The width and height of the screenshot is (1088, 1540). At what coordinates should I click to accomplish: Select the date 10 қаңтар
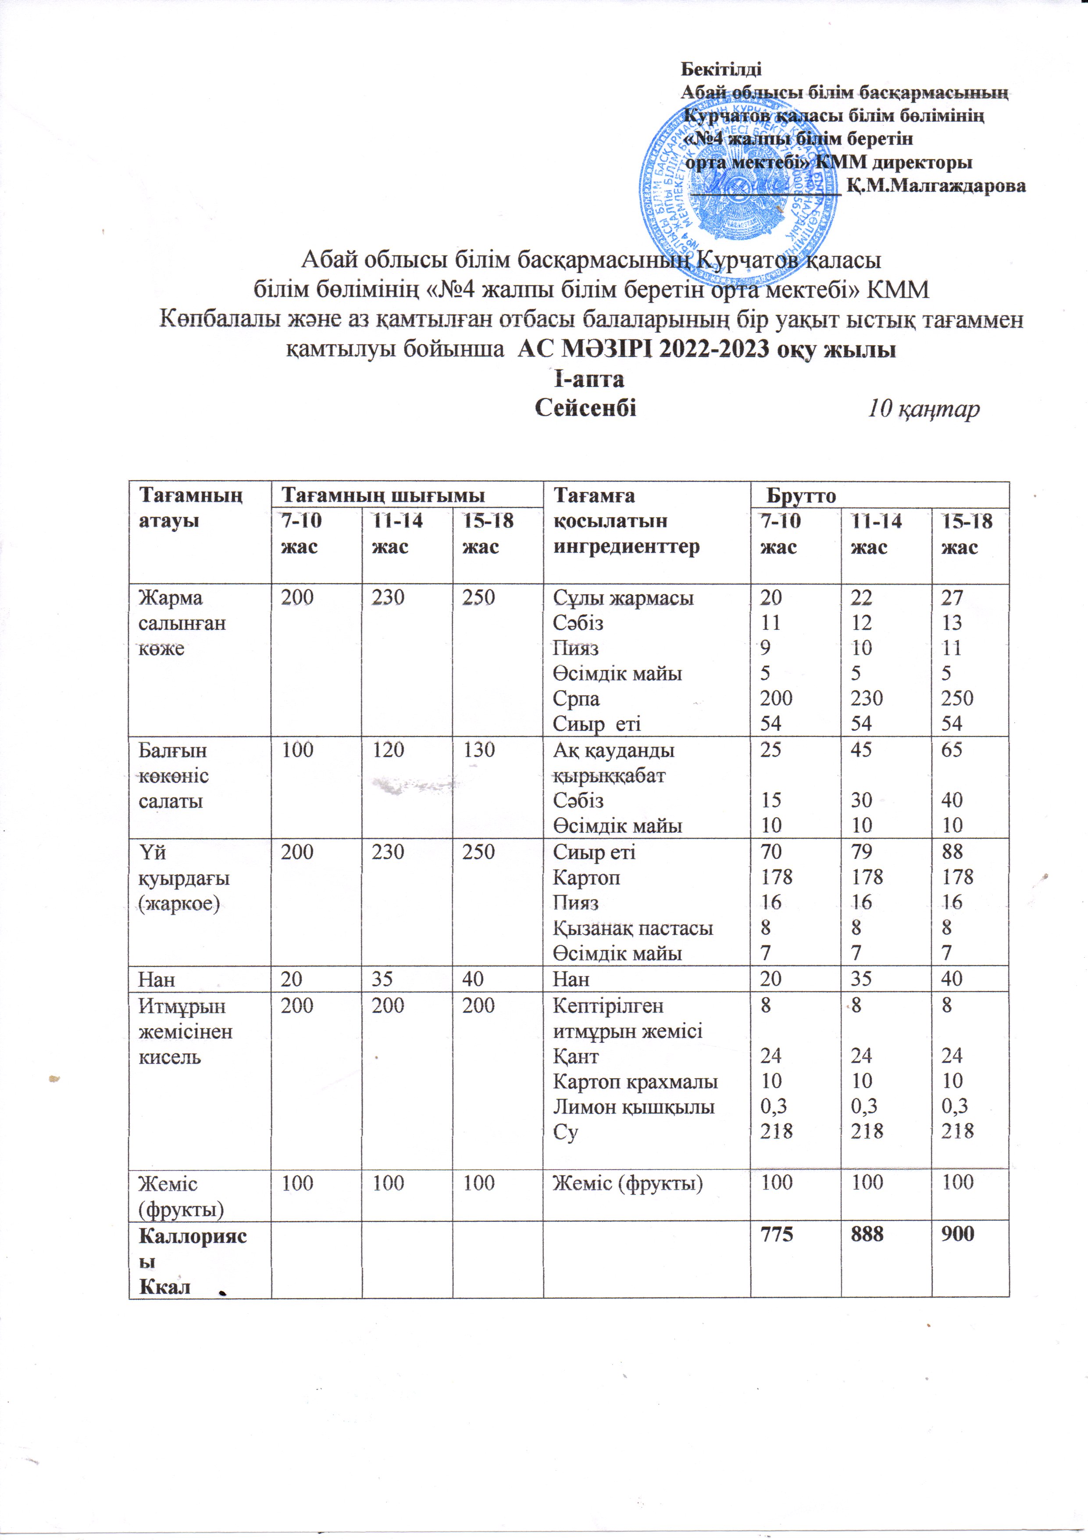[923, 409]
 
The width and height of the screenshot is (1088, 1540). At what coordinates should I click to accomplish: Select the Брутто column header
[801, 495]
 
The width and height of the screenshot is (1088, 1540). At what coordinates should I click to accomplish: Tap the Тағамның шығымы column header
[382, 495]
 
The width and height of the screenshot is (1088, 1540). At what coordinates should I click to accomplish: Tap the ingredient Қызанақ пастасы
[632, 928]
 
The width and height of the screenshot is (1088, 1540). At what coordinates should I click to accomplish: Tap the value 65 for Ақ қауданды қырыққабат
[952, 749]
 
